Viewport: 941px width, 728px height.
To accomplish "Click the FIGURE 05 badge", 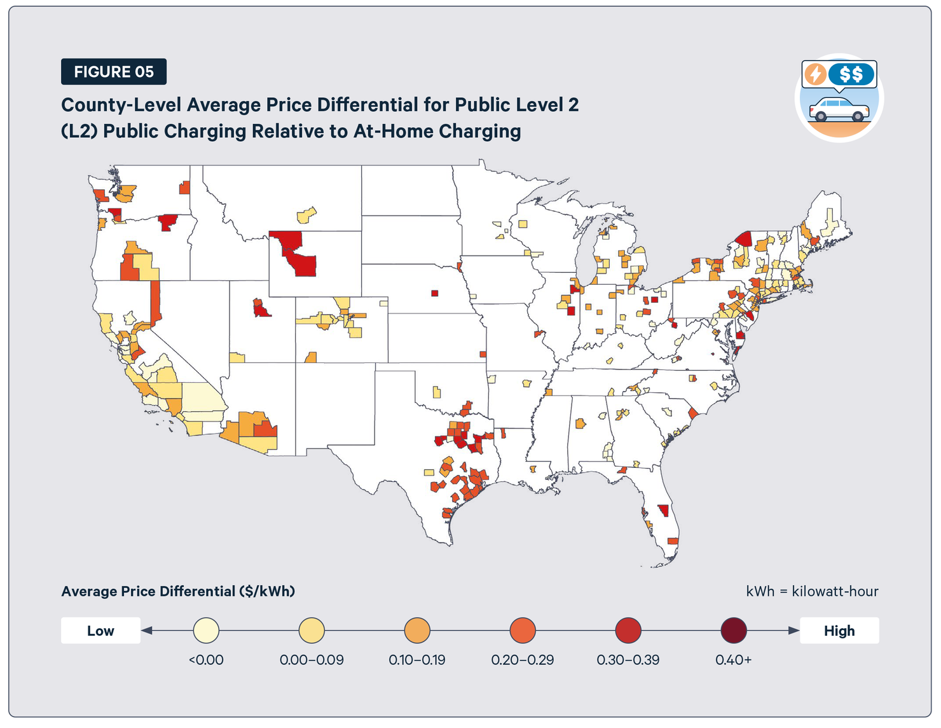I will [x=114, y=72].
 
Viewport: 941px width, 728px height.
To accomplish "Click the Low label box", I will [x=100, y=631].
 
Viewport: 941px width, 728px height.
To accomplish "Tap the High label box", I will [x=839, y=631].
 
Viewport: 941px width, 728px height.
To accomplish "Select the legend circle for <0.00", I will [x=206, y=631].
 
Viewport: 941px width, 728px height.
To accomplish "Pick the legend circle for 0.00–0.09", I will [x=312, y=631].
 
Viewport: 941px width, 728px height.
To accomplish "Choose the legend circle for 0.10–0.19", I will [x=417, y=631].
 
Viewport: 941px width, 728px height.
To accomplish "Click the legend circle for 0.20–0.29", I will [x=523, y=631].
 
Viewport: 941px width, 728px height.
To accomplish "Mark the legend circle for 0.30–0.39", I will [x=628, y=631].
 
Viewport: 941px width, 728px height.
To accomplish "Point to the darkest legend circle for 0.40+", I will [x=734, y=631].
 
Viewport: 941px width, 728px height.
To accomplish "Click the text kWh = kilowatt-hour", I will [x=812, y=591].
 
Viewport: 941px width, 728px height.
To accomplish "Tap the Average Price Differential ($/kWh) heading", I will [x=178, y=591].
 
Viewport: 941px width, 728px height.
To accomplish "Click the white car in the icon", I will [x=839, y=110].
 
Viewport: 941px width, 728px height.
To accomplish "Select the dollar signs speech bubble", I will [x=851, y=74].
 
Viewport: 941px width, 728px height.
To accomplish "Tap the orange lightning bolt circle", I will [x=815, y=74].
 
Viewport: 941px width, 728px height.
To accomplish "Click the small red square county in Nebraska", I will [x=435, y=293].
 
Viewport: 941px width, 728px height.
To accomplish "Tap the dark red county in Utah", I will [x=261, y=310].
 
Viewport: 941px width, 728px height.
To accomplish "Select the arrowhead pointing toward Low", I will [x=147, y=631].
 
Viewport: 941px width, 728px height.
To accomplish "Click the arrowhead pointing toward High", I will [x=793, y=631].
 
